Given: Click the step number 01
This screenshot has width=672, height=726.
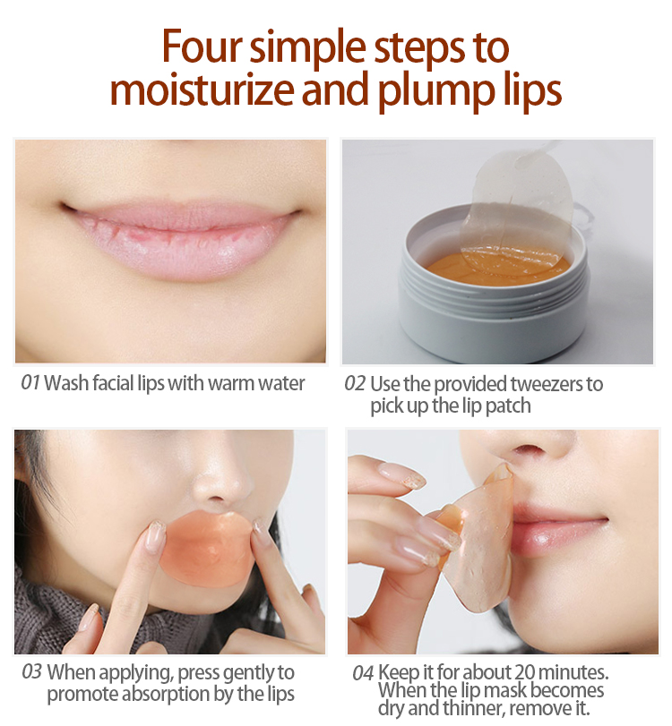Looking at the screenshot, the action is pyautogui.click(x=30, y=383).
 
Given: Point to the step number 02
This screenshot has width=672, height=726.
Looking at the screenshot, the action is pyautogui.click(x=355, y=384).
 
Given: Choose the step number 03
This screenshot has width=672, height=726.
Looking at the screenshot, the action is pyautogui.click(x=32, y=672).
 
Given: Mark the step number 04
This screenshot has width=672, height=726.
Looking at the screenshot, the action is pyautogui.click(x=363, y=673).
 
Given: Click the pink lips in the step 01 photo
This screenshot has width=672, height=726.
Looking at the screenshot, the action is pyautogui.click(x=182, y=237).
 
